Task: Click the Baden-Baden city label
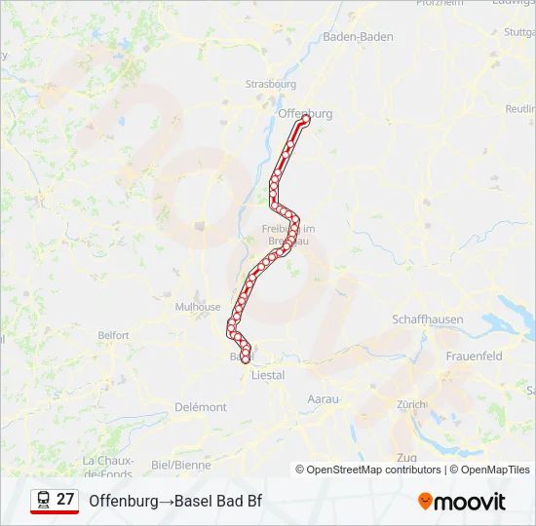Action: [358, 36]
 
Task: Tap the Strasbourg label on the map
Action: [271, 84]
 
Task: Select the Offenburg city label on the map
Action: [305, 113]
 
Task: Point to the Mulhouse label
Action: [198, 306]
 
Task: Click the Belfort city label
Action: [113, 335]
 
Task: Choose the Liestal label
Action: [268, 375]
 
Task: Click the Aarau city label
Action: [323, 399]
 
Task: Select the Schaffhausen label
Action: [427, 319]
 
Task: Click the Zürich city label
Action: [411, 403]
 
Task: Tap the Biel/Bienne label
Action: [181, 465]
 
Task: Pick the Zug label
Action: [406, 457]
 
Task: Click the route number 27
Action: [65, 500]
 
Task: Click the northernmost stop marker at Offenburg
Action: [305, 122]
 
